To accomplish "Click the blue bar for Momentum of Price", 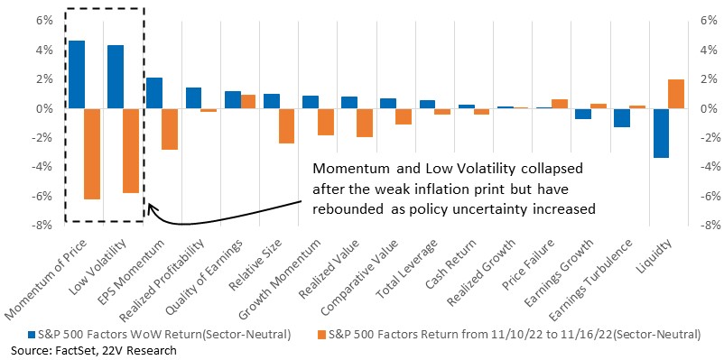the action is (x=76, y=75).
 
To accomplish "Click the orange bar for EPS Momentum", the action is (x=170, y=129).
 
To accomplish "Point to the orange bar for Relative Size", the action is (x=287, y=126).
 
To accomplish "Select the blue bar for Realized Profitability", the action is (x=193, y=98).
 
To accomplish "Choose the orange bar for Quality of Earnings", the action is (x=248, y=102).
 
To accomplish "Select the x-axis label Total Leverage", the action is (x=408, y=270).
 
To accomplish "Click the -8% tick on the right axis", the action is (x=706, y=226).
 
